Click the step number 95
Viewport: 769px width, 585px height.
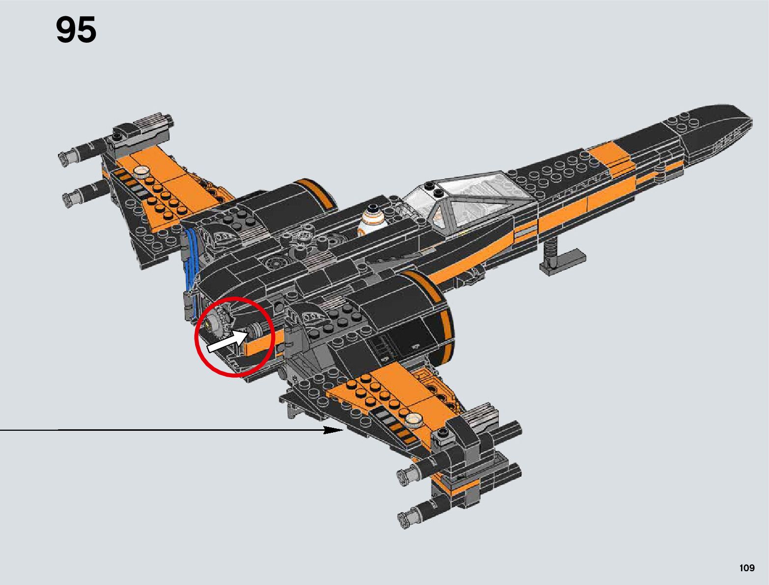pyautogui.click(x=76, y=30)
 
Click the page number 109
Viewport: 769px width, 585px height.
pyautogui.click(x=746, y=568)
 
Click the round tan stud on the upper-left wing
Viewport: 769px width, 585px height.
pyautogui.click(x=142, y=172)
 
